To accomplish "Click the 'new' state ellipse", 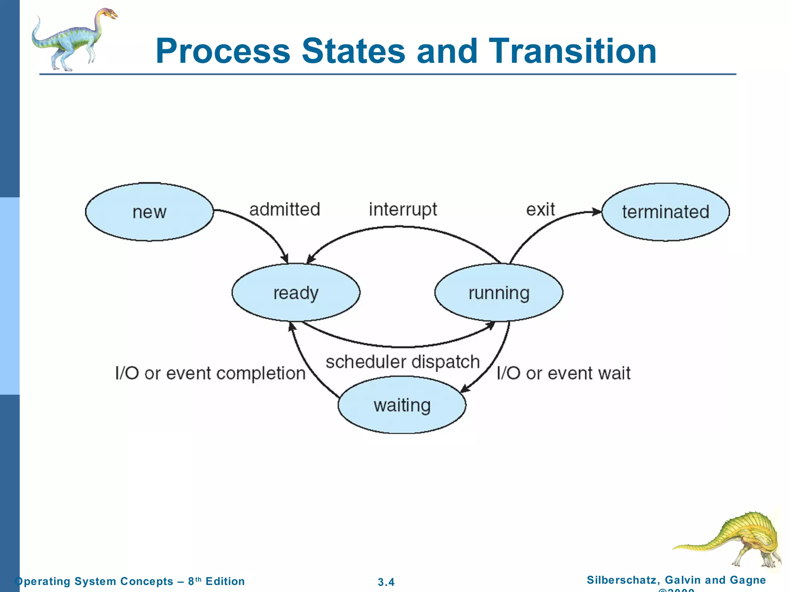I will (149, 212).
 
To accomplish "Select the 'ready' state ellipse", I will (295, 293).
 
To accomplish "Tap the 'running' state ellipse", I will (499, 293).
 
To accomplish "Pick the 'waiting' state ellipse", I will (402, 405).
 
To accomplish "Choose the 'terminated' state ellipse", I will (665, 212).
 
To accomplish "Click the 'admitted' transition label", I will (285, 210).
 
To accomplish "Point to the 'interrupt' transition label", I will (403, 210).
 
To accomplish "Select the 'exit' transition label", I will (541, 210).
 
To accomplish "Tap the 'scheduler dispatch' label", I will (403, 362).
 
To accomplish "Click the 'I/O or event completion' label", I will (210, 373).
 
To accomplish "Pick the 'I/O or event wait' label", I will (563, 373).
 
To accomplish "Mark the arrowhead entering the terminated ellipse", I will (597, 212).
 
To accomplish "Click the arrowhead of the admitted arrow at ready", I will (285, 259).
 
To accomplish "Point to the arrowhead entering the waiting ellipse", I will (465, 389).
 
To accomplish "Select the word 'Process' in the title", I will (223, 51).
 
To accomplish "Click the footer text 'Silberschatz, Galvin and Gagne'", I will (676, 580).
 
